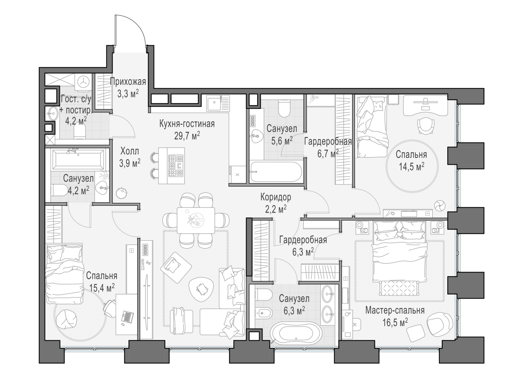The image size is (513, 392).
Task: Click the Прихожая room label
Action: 128,82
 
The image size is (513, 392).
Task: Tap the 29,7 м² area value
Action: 187,136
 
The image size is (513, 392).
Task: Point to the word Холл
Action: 130,151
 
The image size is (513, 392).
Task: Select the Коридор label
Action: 276,197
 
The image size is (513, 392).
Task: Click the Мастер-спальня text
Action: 395,310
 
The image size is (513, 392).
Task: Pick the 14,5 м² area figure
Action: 411,167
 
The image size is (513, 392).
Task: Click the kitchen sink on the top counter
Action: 214,102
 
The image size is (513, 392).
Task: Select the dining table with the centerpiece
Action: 196,220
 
